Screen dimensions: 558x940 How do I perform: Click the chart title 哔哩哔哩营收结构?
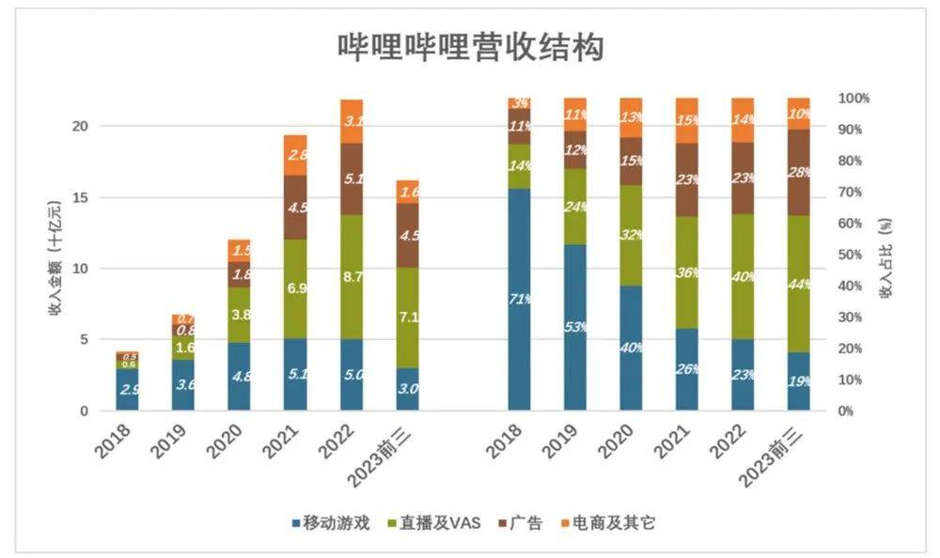pos(469,48)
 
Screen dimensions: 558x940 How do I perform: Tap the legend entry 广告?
pos(523,523)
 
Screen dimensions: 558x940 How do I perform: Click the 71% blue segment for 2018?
pos(519,300)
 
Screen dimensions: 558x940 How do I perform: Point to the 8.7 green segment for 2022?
pos(352,278)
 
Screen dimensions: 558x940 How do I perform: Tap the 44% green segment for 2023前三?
pos(799,284)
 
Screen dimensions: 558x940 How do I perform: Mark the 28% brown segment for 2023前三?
pos(799,172)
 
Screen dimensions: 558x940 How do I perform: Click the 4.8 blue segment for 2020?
pos(239,377)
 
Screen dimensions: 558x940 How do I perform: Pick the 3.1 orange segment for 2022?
pos(352,121)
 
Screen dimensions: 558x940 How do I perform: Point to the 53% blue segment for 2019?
pos(575,327)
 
